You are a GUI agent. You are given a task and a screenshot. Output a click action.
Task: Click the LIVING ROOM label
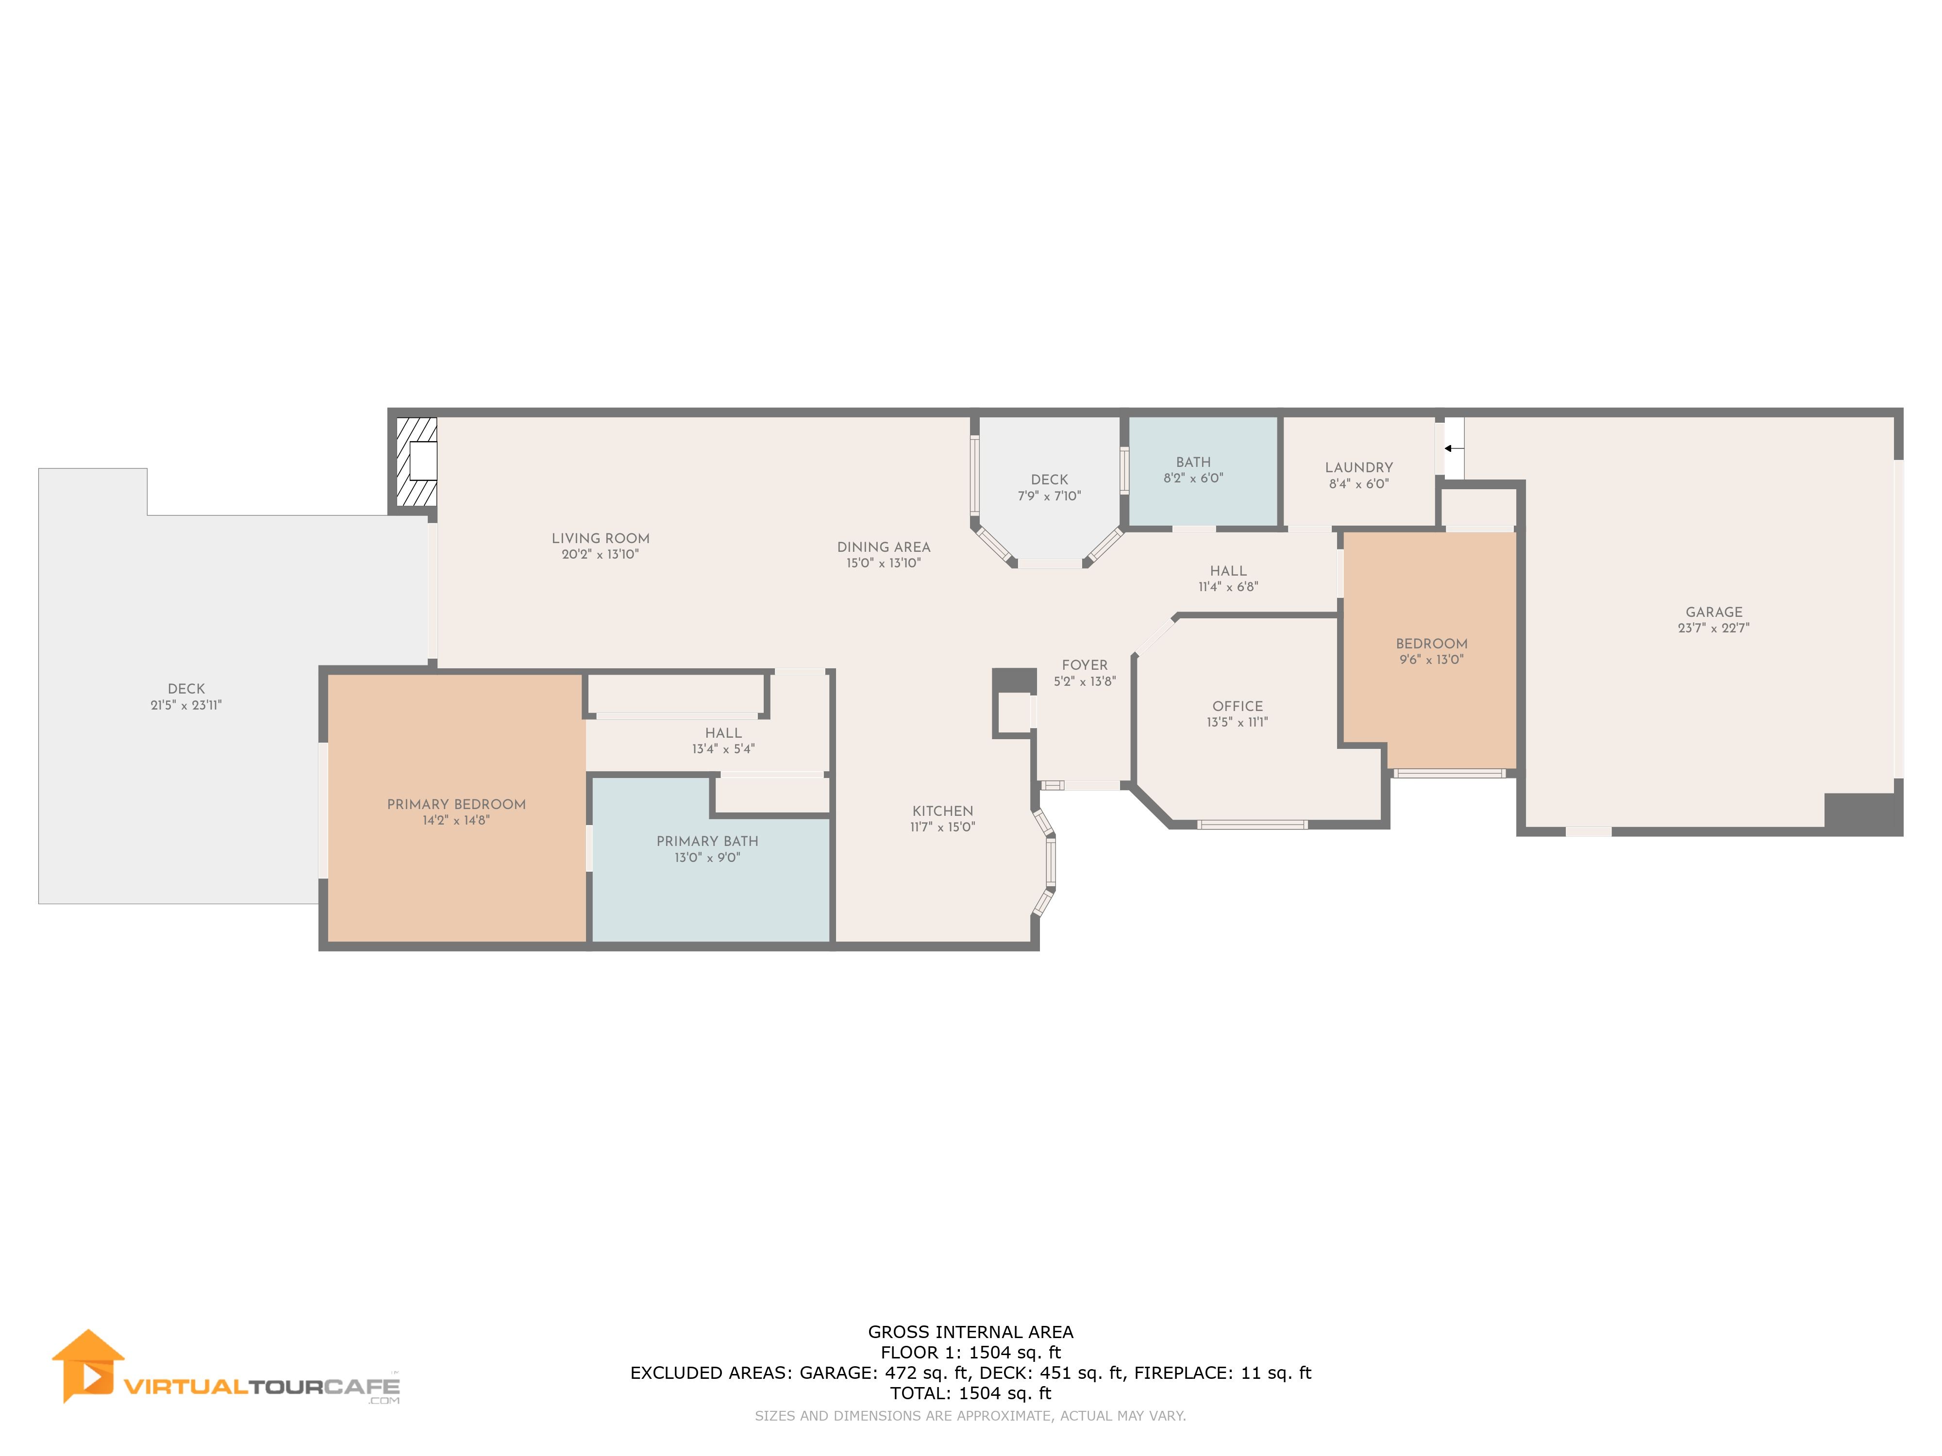tap(601, 538)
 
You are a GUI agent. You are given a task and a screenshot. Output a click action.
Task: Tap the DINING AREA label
tap(883, 547)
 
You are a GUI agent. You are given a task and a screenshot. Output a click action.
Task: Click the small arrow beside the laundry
tap(1453, 448)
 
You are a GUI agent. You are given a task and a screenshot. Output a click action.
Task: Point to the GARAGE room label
tap(1714, 612)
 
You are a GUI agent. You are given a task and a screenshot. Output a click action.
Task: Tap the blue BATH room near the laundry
tap(1202, 471)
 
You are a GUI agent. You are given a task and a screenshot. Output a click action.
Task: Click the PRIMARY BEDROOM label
tap(456, 804)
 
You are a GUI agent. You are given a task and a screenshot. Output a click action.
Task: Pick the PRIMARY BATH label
tap(708, 841)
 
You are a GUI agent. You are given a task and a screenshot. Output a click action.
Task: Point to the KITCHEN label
tap(943, 811)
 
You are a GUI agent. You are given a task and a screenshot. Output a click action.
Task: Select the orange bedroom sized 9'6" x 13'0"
tap(1430, 649)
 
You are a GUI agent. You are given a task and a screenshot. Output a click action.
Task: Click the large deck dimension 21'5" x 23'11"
tap(186, 705)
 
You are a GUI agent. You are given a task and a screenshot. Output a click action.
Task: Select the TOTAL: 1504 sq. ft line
tap(971, 1393)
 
